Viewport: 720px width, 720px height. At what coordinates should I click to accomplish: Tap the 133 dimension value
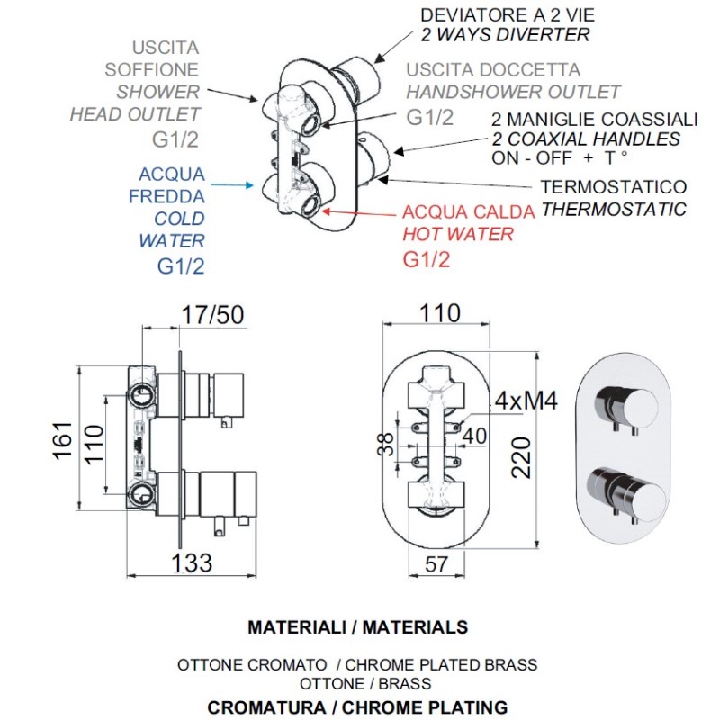pos(191,562)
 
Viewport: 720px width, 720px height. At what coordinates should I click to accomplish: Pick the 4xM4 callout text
pos(526,400)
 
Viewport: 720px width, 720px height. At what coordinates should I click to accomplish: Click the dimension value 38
pos(385,443)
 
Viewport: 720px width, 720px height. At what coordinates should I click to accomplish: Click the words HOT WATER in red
pos(458,234)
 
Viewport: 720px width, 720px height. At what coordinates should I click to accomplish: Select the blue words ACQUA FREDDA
pos(172,184)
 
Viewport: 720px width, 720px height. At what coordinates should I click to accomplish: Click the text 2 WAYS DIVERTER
pos(506,36)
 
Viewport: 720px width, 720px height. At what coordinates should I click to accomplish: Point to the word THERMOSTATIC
pos(613,210)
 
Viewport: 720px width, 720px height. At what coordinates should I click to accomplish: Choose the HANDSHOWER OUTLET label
pos(513,92)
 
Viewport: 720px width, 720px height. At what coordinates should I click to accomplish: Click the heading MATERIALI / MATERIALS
pos(357,626)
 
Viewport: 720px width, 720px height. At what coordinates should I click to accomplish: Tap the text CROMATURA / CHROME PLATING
pos(357,706)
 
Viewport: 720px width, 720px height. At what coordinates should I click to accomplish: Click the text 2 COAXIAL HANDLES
pos(586,139)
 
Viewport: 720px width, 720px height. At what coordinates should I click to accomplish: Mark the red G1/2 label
pos(426,260)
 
